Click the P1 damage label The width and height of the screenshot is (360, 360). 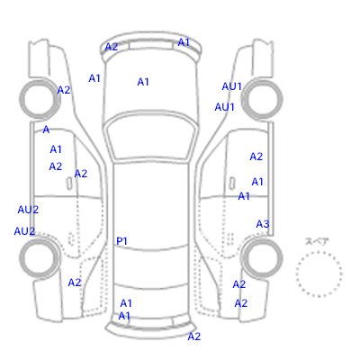coord(121,241)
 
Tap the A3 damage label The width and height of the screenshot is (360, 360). coord(263,224)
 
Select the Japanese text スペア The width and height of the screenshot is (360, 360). coord(317,241)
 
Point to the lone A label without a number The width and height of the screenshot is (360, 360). coord(46,130)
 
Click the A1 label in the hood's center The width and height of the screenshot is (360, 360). coord(143,82)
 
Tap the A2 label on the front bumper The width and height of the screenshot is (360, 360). coord(112,47)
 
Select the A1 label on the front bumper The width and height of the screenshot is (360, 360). coord(184,42)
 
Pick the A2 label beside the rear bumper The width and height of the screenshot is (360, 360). coord(194,337)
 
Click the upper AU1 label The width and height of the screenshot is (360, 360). coord(231,86)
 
